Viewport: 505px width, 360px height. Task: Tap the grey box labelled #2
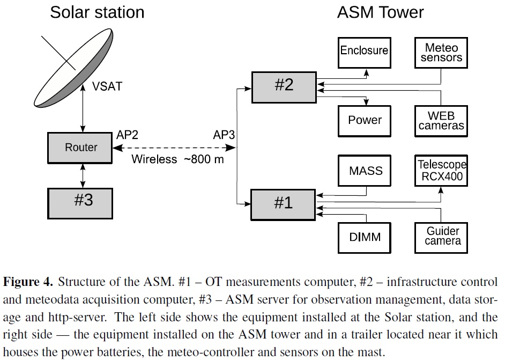(x=284, y=86)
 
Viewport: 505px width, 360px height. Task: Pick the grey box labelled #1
(x=284, y=203)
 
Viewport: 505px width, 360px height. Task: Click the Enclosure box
(x=364, y=51)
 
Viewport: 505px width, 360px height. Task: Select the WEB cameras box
(x=441, y=121)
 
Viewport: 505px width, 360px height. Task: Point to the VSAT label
(x=106, y=86)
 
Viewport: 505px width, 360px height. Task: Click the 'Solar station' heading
(x=97, y=12)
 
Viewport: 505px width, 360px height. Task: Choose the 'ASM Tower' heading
(x=380, y=12)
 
